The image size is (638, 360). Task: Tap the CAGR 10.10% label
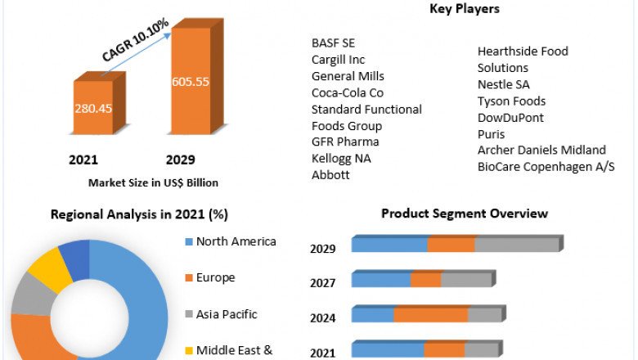(x=135, y=40)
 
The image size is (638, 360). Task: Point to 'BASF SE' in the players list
(x=334, y=43)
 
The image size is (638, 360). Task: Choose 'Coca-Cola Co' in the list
(x=348, y=92)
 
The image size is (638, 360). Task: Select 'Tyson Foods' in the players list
(x=511, y=101)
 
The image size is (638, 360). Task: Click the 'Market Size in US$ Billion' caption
(x=153, y=182)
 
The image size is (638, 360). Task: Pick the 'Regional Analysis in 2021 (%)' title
(x=139, y=214)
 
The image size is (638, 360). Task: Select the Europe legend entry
(x=215, y=278)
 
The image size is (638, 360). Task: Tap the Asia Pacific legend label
(x=227, y=314)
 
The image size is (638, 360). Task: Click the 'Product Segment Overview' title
(x=465, y=214)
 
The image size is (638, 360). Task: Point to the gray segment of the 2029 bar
(x=516, y=245)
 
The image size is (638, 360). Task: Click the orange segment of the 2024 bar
(x=430, y=315)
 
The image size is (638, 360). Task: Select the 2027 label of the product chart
(x=323, y=283)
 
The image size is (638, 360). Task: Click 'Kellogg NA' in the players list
(x=341, y=159)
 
